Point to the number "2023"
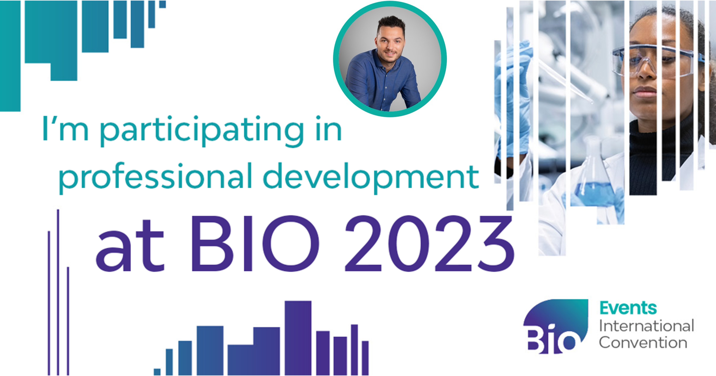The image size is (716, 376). [429, 243]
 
